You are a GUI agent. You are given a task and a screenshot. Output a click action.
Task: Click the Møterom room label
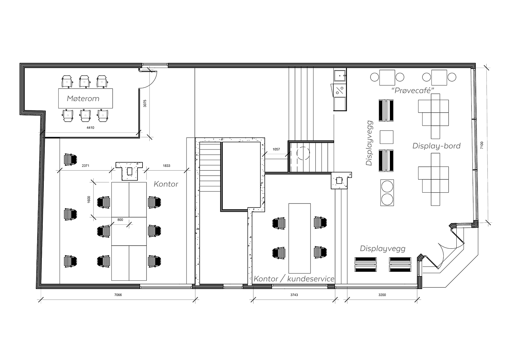[x=83, y=98]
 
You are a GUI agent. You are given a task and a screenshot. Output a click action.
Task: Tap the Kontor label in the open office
[x=166, y=184]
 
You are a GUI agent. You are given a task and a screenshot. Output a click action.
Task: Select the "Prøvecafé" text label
[x=413, y=90]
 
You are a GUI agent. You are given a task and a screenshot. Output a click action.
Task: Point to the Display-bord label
[x=436, y=146]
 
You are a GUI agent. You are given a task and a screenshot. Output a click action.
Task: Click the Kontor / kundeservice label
[x=294, y=279]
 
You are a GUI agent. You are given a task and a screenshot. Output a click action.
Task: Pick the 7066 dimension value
[x=118, y=295]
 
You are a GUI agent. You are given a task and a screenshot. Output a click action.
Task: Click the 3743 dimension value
[x=294, y=295]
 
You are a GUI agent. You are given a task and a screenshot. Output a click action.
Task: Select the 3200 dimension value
[x=382, y=295]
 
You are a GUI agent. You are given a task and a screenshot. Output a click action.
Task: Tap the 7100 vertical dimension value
[x=482, y=145]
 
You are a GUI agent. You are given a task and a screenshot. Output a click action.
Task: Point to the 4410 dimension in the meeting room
[x=90, y=128]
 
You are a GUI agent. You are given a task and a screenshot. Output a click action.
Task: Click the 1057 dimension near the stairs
[x=276, y=149]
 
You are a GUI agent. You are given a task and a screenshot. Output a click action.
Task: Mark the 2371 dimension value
[x=85, y=166]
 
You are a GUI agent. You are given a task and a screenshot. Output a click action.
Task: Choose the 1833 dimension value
[x=166, y=166]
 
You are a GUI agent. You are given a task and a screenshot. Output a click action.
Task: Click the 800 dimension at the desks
[x=120, y=219]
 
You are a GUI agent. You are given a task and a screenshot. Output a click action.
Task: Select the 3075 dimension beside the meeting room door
[x=145, y=103]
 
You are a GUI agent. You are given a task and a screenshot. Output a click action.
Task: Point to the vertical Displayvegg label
[x=369, y=143]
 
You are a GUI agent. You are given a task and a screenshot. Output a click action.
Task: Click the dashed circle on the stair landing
[x=303, y=153]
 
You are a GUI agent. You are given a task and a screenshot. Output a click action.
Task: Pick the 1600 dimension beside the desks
[x=88, y=199]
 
